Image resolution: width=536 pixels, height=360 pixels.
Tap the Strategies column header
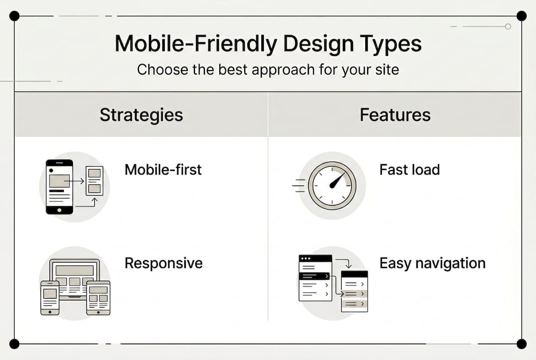141,115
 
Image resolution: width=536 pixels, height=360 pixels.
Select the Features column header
395,115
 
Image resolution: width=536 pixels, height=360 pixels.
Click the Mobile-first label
163,169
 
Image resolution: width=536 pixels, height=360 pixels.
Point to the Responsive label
163,263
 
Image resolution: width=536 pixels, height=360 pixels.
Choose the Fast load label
409,169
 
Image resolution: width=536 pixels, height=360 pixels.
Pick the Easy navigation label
432,263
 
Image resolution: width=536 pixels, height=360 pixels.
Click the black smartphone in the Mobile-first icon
59,186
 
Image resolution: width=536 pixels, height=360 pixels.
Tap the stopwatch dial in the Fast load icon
332,185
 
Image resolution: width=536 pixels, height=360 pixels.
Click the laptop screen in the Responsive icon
74,274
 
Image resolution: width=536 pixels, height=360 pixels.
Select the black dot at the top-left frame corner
14,16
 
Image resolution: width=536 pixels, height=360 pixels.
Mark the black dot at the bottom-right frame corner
521,343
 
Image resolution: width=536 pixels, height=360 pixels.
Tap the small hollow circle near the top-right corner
508,26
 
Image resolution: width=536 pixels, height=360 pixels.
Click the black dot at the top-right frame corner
521,16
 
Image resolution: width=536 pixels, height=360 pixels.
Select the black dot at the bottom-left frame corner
14,343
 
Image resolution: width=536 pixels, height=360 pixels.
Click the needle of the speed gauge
338,180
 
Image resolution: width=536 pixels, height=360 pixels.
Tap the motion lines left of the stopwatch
298,185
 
